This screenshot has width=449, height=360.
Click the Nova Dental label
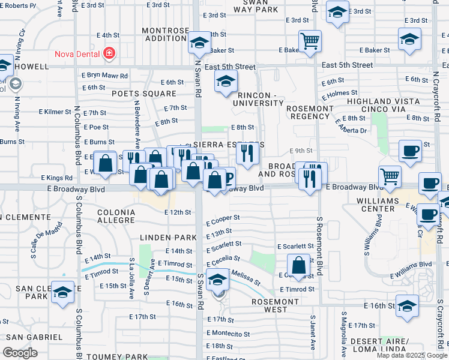tap(77, 53)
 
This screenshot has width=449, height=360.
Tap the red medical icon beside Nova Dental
tap(109, 53)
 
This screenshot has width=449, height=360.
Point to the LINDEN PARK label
tap(168, 238)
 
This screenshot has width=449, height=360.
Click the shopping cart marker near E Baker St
tap(310, 42)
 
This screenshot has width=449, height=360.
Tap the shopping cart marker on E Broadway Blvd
tap(390, 177)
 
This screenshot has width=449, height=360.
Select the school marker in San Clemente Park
tap(62, 293)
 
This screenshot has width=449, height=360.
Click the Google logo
tap(20, 353)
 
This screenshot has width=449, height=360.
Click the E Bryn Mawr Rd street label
tap(105, 76)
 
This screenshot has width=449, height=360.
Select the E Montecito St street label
tap(228, 333)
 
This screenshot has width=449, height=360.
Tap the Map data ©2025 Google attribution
tap(412, 355)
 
